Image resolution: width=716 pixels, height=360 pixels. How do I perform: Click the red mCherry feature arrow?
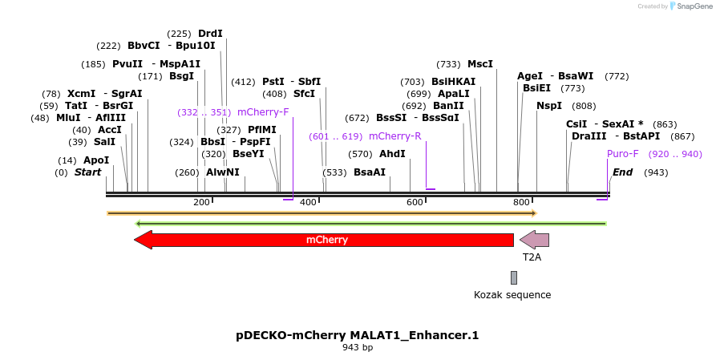coord(325,240)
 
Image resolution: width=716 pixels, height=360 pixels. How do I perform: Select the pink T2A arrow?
coord(534,240)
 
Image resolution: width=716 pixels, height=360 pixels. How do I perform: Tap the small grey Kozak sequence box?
coord(514,277)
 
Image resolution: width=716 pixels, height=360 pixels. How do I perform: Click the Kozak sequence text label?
coord(512,295)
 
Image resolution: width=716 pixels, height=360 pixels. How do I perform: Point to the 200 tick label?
coord(201,203)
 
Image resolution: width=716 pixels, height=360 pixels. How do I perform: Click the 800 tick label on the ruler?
coord(521,203)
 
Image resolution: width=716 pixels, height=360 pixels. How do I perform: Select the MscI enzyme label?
coord(480,64)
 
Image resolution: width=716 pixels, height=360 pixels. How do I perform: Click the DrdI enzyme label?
coord(210,34)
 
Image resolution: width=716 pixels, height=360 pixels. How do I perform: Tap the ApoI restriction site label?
coord(96,160)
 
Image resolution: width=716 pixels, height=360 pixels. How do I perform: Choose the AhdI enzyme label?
coord(392,154)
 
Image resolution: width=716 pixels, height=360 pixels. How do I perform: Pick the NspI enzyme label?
coord(549,106)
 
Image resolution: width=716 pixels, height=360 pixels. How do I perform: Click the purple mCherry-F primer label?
coord(263,112)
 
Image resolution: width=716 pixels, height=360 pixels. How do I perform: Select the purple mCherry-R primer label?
coord(395,136)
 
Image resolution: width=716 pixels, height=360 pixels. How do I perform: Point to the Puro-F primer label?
coord(623,154)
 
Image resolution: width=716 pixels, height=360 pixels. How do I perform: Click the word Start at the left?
coord(88,172)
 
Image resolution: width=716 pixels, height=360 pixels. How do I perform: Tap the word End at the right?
coord(622,172)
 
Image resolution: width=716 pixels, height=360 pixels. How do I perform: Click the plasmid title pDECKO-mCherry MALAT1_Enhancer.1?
coord(358,334)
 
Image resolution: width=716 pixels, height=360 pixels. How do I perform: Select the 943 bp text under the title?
coord(358,348)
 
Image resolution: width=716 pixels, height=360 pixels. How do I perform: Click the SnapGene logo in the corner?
coord(692,6)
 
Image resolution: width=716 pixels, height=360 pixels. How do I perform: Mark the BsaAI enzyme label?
coord(370,172)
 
